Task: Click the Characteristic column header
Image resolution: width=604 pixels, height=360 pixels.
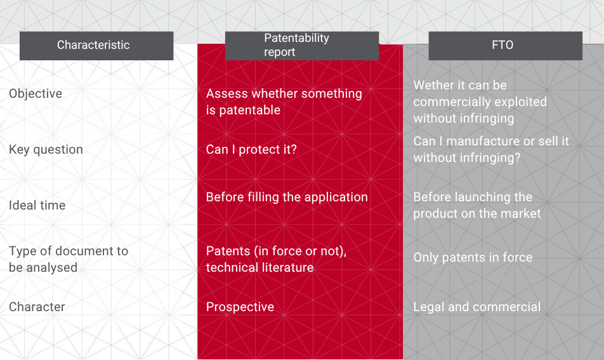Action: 96,46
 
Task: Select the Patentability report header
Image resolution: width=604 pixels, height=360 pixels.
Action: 301,46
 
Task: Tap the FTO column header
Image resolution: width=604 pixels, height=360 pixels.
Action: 506,46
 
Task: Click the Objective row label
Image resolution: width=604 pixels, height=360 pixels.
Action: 36,94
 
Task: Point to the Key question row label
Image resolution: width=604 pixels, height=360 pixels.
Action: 46,150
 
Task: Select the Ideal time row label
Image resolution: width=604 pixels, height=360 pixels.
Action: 37,205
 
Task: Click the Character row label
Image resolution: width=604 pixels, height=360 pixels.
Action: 37,307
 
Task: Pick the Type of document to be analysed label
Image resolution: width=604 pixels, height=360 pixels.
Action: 69,259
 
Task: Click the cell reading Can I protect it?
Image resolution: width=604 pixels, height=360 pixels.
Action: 251,150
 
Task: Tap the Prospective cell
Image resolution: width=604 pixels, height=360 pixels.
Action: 240,307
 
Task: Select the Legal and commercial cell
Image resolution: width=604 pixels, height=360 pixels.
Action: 477,307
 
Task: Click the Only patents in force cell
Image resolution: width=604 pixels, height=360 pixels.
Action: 473,258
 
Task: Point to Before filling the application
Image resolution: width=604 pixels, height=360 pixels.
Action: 287,197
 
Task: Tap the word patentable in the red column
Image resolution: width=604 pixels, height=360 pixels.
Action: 249,110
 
